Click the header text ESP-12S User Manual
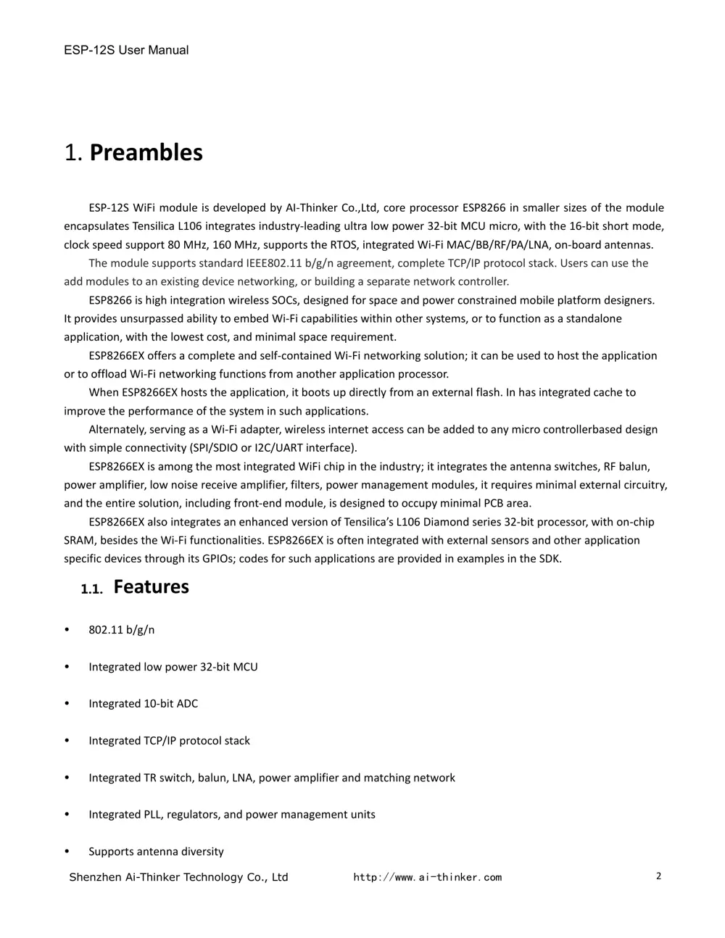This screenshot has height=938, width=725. [126, 50]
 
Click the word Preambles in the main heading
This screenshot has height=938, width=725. [146, 152]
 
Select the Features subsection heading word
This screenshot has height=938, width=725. [151, 586]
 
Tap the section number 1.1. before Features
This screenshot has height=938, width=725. [91, 589]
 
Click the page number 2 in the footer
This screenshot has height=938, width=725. [658, 876]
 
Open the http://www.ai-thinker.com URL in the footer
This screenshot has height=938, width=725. [427, 877]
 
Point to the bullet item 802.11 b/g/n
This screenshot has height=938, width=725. [121, 630]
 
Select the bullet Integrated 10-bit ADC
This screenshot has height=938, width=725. [143, 704]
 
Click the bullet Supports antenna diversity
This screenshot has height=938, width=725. [156, 852]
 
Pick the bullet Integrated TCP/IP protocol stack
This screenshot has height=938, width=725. [169, 741]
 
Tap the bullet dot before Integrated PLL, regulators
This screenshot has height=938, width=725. [67, 815]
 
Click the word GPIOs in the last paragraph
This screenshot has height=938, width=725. [215, 559]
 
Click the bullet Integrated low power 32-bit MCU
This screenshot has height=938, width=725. [173, 667]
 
